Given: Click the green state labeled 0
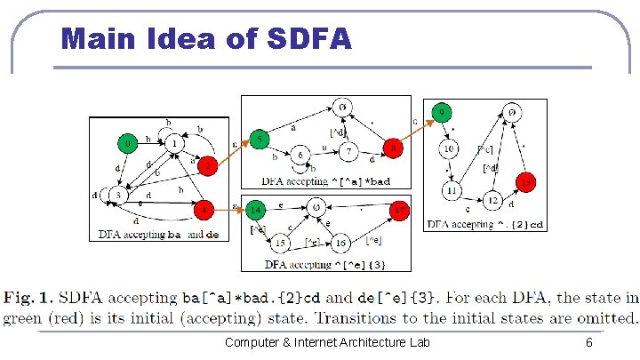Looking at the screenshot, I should click(x=128, y=142).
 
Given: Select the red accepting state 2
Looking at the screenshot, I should click(x=206, y=166).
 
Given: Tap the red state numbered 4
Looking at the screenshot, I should click(x=205, y=212).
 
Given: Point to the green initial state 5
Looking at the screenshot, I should click(x=258, y=140).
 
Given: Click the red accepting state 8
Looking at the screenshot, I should click(x=392, y=148).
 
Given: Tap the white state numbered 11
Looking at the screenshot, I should click(x=452, y=190).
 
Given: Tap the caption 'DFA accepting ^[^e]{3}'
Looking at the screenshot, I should click(x=326, y=265).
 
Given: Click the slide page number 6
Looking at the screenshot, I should click(x=588, y=342).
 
